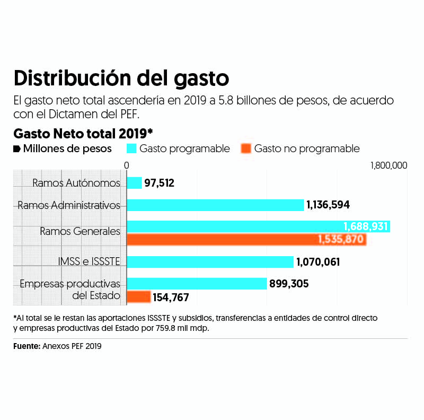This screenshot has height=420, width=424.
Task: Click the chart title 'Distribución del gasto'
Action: point(121,78)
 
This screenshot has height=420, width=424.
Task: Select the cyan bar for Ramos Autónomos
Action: point(134,183)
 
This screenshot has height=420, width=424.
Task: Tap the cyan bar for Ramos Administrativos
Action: point(215,205)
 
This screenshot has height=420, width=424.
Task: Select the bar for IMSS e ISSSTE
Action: point(209,262)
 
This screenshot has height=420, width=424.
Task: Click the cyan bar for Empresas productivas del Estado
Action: point(196,284)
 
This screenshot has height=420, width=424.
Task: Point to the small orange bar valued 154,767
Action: point(138,297)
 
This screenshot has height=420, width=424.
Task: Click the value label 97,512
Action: point(159,183)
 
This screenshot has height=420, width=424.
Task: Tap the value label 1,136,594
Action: point(328,205)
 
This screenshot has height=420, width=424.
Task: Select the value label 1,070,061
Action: point(318,262)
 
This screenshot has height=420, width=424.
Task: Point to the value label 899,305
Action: point(289,284)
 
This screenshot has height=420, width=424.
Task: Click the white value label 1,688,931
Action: point(366,227)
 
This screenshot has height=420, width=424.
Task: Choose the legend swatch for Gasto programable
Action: point(131,148)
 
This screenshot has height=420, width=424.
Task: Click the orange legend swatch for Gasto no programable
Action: point(245,148)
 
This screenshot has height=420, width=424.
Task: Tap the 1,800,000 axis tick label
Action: point(388,165)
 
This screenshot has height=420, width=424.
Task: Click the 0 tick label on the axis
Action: point(127,165)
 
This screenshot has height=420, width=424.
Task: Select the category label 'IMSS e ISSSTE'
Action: point(89,261)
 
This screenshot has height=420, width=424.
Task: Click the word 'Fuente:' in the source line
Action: point(26,346)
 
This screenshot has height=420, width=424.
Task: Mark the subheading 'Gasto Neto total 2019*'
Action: point(83,133)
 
